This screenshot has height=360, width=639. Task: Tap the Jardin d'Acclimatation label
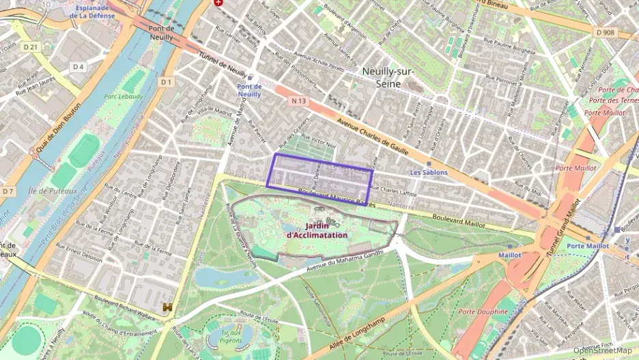(317, 230)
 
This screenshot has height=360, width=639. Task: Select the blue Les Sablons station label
(427, 173)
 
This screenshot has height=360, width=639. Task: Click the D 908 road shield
(604, 32)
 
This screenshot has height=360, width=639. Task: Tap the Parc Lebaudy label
(124, 97)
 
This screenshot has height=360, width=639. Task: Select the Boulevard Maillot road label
(458, 221)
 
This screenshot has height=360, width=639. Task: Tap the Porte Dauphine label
(483, 311)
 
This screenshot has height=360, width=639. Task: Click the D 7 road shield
(8, 191)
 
